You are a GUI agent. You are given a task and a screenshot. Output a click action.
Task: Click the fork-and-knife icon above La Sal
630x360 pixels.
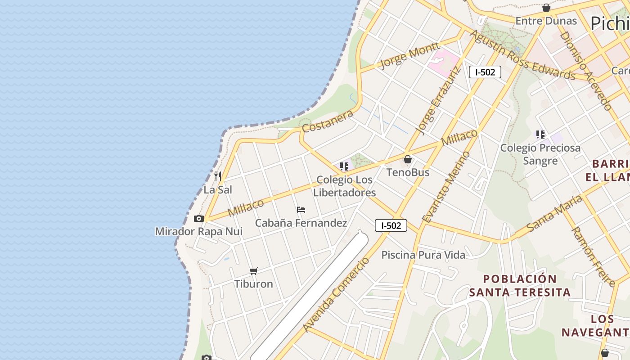pos(218,175)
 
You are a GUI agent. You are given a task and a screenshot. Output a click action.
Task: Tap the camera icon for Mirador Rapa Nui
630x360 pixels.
pos(198,219)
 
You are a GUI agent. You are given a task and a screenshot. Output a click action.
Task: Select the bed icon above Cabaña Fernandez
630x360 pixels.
pos(301,210)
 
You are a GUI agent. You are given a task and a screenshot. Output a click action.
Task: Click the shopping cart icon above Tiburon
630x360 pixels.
pos(254,271)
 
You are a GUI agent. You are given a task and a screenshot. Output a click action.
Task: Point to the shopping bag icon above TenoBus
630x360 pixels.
pos(408,159)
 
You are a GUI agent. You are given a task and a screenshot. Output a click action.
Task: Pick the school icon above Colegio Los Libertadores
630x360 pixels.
pos(344,166)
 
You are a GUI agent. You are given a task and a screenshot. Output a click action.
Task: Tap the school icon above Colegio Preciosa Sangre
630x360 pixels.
pos(540,134)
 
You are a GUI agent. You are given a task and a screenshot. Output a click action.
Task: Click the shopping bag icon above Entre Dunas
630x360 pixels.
pos(546,8)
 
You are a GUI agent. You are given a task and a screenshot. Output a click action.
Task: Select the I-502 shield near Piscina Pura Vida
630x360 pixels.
pos(391,225)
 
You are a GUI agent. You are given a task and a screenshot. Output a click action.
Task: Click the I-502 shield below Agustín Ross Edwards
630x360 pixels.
pos(485,72)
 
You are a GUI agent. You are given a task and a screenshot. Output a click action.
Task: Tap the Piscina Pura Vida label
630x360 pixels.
pos(423,255)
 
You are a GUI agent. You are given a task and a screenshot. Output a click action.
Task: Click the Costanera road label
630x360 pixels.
pos(328,121)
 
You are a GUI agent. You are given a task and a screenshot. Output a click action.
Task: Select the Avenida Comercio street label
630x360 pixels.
pos(336,294)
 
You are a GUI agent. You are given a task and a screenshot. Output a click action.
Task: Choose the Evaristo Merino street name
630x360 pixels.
pos(446,187)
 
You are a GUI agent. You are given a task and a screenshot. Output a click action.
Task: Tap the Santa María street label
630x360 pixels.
pos(554,214)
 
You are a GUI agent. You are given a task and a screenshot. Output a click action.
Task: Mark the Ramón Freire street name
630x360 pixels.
pos(593,256)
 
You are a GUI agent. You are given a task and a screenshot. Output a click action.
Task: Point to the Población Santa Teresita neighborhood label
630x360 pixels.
pos(520,285)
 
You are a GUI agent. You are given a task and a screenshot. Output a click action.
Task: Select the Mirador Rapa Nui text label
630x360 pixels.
pos(198,231)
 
